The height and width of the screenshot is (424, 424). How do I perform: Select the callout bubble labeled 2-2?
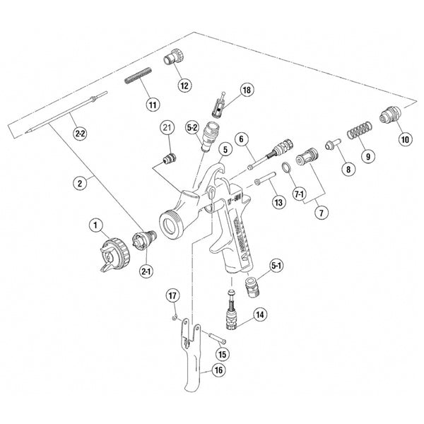tap(81, 132)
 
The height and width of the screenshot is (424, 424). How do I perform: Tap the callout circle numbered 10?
tap(404, 139)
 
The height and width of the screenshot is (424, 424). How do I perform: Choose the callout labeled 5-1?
tap(277, 265)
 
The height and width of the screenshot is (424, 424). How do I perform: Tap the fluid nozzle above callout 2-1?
tap(144, 241)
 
